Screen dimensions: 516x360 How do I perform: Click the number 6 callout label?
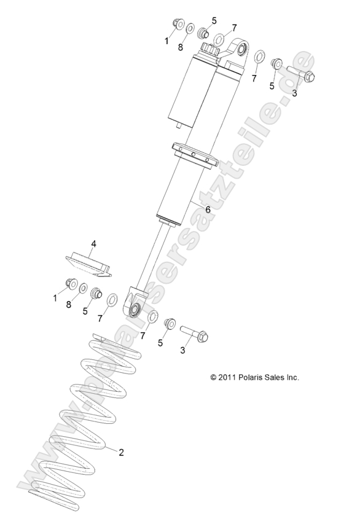pos(207,209)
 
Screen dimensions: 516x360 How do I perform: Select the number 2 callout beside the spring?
pos(121,453)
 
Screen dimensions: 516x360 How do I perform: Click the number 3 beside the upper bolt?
pos(294,93)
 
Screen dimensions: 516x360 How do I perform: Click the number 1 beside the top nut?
pos(167,41)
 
